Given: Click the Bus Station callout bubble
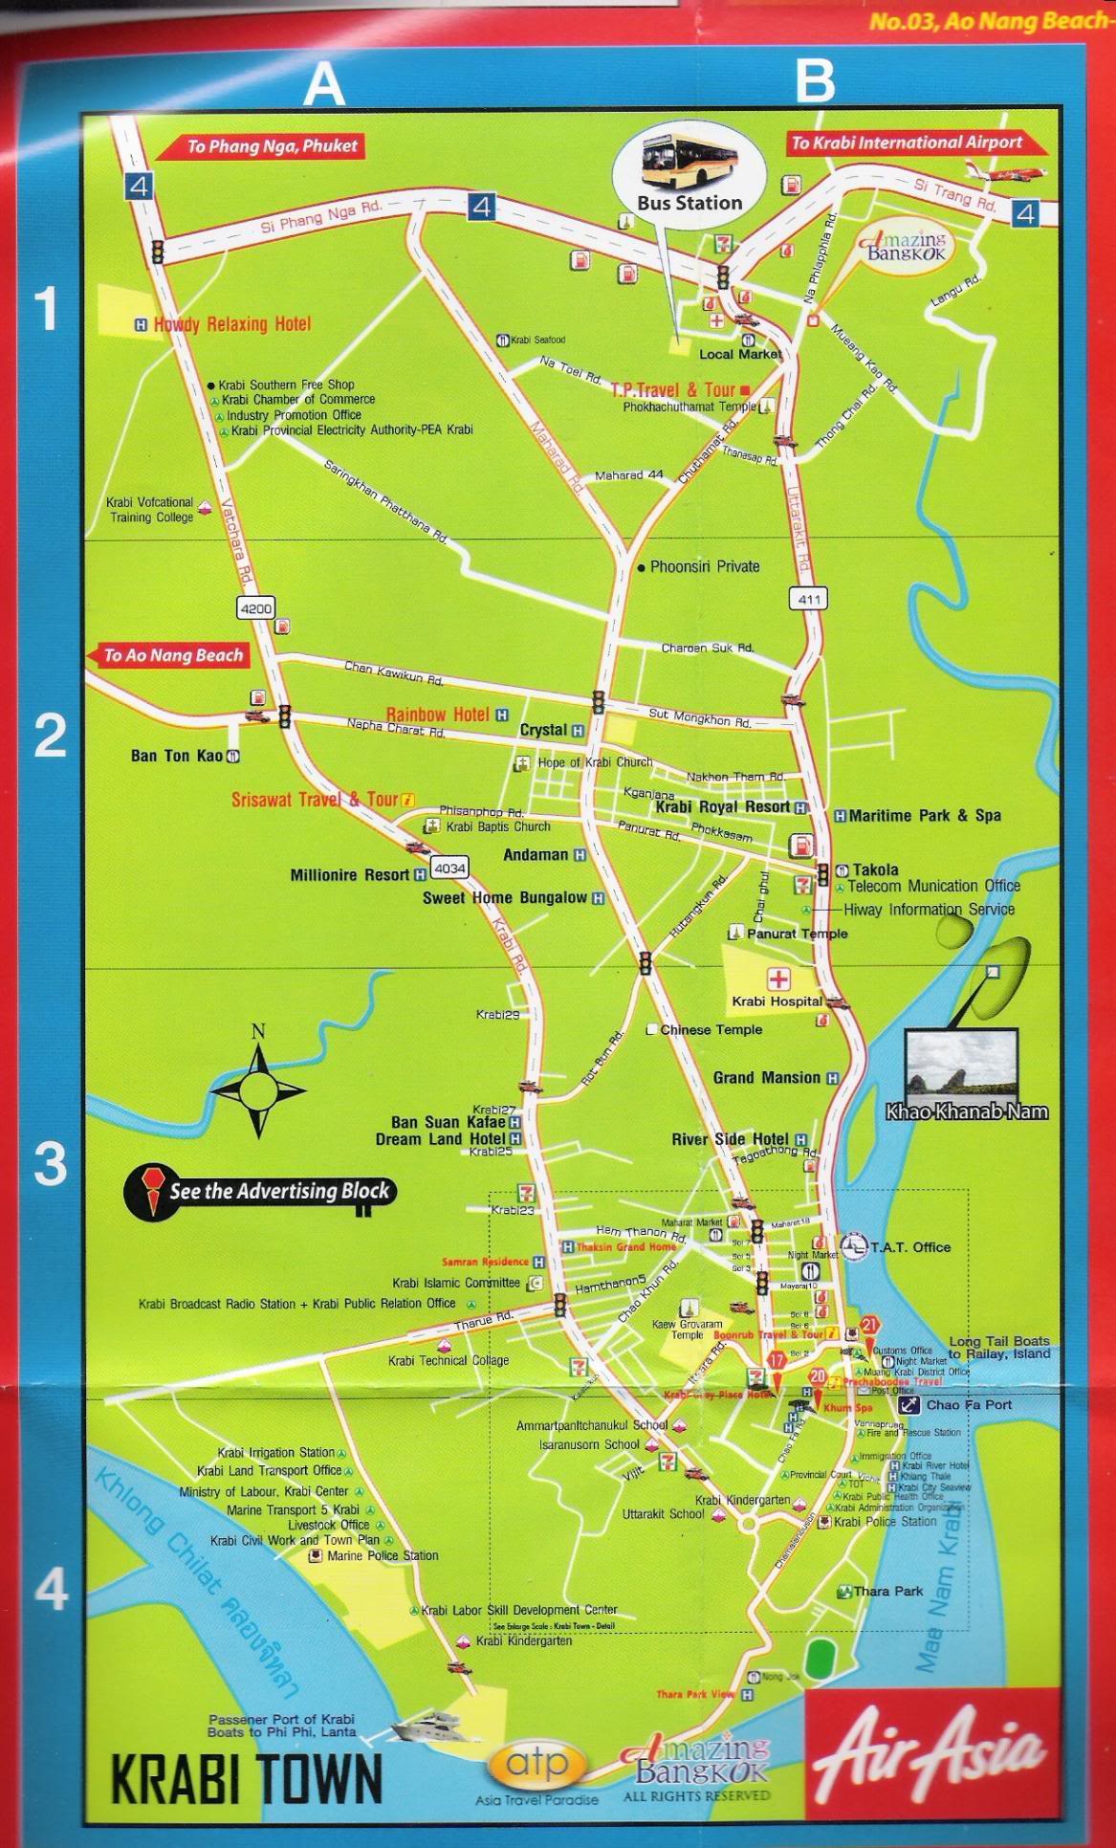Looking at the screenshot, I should (689, 171).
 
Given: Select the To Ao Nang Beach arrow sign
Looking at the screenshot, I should (168, 656).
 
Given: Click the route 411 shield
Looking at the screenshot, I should (808, 600).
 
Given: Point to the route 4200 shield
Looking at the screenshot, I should (256, 607).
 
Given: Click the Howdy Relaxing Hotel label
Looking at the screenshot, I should (231, 324).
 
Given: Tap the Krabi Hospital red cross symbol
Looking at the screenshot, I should (778, 979).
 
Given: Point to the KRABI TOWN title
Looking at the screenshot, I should (247, 1778).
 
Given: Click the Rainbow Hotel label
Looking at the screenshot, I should (438, 715).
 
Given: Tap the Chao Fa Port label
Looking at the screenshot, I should (968, 1405).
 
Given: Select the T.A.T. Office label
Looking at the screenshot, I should (910, 1247).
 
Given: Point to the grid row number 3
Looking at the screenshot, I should (50, 1163).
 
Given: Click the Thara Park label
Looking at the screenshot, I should (887, 1592).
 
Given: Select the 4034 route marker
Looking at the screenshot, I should (449, 869).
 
